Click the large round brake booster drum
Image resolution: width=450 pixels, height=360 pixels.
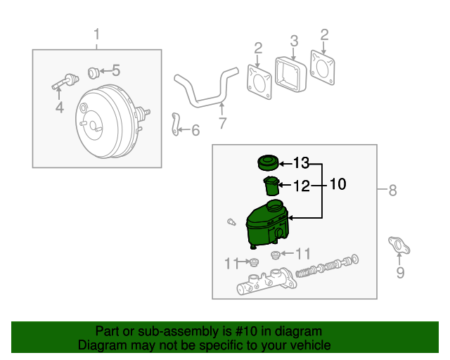point(105,127)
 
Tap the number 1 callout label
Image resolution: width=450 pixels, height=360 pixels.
point(97,34)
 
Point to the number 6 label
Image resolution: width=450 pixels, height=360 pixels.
point(195,130)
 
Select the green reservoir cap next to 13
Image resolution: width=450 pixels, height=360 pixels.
point(266,163)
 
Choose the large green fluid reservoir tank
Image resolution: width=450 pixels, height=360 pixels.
point(266,224)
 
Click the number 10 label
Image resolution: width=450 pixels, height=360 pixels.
point(337,184)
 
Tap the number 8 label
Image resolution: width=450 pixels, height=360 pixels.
point(392,190)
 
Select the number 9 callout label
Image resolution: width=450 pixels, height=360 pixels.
point(400,273)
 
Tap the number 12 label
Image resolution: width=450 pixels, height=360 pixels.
point(302,186)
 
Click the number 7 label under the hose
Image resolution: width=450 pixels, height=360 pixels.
point(222,124)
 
